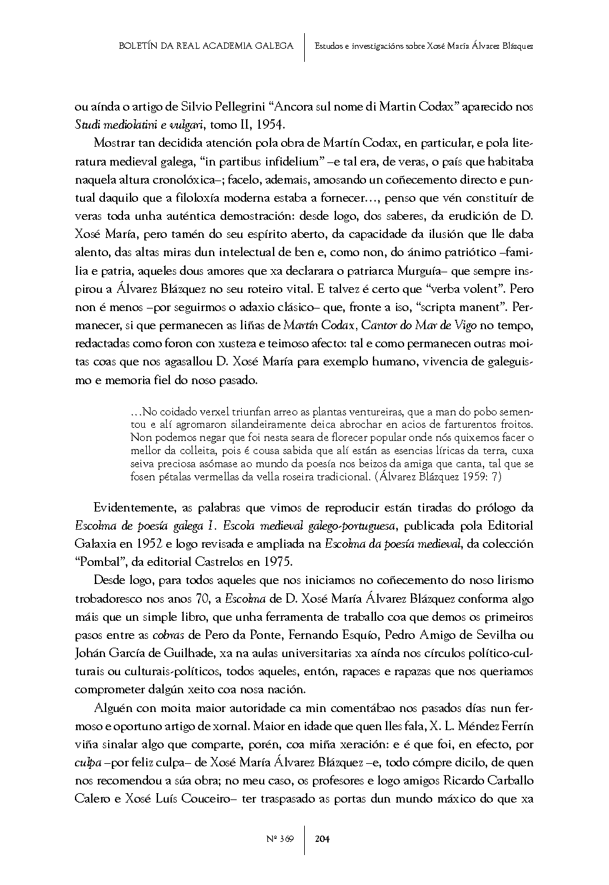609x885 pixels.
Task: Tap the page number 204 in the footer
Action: point(322,838)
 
